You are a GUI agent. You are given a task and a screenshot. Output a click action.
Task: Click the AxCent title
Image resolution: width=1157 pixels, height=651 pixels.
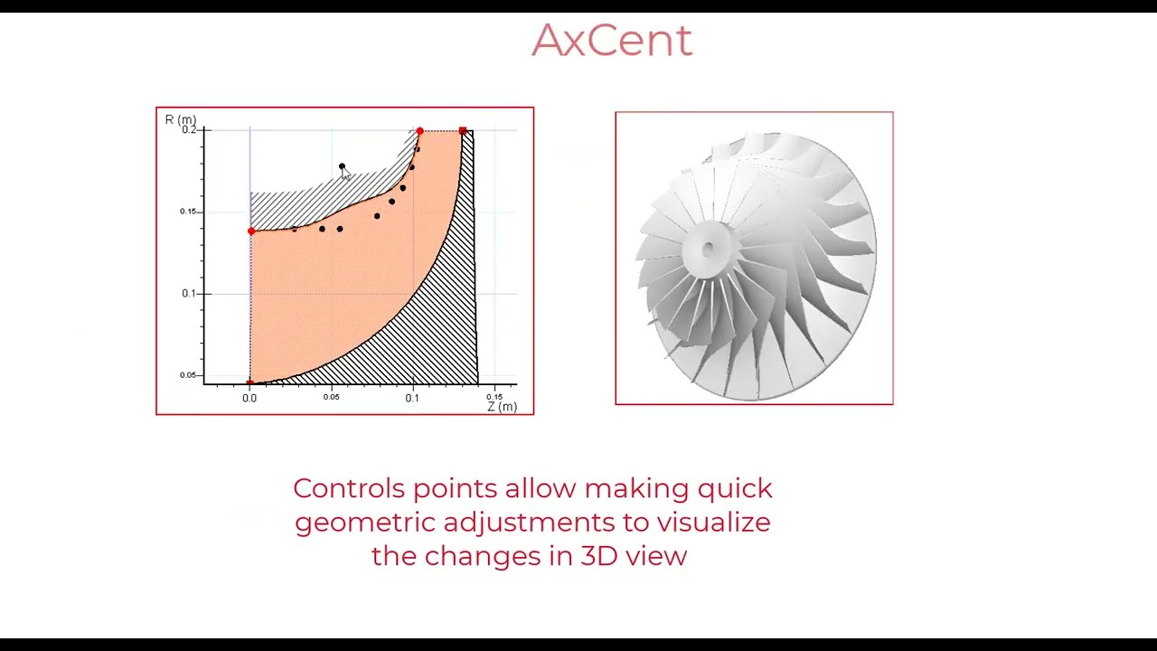612,41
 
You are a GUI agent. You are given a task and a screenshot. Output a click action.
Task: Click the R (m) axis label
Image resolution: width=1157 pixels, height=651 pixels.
180,120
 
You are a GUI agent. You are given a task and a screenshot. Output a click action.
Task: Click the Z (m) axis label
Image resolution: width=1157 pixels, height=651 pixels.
502,407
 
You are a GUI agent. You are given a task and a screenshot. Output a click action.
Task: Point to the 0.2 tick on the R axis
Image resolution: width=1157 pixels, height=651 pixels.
189,130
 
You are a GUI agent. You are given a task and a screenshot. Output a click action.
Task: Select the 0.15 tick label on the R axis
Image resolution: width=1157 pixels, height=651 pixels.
187,212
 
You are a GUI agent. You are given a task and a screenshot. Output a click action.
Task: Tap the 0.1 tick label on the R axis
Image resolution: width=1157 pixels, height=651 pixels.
189,293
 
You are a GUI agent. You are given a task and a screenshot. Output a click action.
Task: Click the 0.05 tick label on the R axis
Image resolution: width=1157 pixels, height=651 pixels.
187,375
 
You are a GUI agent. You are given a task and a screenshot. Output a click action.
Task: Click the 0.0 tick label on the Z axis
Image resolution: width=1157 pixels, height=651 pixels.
249,398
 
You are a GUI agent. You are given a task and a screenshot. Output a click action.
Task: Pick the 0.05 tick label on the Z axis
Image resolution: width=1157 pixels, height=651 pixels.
332,397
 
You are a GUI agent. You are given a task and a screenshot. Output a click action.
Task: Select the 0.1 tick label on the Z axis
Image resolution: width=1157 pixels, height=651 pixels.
412,398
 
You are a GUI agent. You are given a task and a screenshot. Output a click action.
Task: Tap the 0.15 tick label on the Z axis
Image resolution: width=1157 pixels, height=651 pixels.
494,397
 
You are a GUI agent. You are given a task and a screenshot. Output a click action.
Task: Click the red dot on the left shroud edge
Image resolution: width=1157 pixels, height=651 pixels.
251,231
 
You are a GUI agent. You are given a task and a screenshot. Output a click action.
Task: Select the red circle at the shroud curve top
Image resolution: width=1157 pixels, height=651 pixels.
419,132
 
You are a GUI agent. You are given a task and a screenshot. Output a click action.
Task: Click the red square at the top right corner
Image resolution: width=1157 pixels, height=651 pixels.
463,131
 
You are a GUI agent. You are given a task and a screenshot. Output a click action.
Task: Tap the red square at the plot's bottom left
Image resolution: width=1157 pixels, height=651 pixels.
250,382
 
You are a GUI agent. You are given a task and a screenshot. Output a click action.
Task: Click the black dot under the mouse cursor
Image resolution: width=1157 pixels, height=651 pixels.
342,166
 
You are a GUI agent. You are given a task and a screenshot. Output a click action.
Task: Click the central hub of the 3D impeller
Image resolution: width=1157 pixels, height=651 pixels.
708,247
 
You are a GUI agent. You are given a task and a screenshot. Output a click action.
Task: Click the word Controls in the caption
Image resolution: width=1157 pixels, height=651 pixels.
349,488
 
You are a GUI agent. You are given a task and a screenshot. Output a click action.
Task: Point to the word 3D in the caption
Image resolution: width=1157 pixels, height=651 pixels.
597,555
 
